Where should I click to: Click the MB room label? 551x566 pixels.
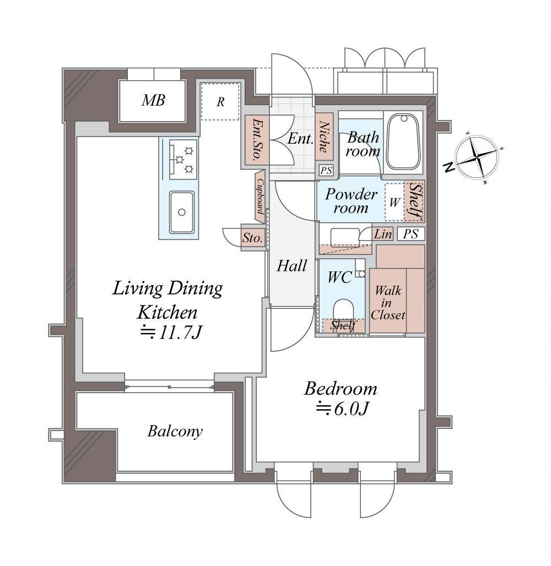click(153, 100)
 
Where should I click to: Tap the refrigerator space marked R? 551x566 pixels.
click(220, 101)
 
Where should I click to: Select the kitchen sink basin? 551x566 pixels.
click(182, 212)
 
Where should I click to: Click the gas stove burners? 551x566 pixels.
click(183, 160)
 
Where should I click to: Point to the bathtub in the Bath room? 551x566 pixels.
click(403, 142)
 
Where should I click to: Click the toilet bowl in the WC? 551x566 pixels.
click(343, 311)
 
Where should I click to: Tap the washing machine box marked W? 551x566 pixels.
click(394, 202)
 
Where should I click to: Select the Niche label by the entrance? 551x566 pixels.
click(324, 137)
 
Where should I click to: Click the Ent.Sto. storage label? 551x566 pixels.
click(256, 139)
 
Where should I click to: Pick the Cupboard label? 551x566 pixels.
click(260, 197)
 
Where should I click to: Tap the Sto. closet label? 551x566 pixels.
click(252, 238)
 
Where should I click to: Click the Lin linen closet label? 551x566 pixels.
click(382, 234)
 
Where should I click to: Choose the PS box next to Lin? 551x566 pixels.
click(411, 234)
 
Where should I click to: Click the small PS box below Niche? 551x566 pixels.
click(326, 170)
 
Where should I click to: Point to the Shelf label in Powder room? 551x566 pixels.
click(415, 202)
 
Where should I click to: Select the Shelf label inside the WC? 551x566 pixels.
click(343, 325)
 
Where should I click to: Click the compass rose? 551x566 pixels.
click(477, 157)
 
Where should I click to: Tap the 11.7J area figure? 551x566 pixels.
click(171, 333)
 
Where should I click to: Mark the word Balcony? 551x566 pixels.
click(175, 431)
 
